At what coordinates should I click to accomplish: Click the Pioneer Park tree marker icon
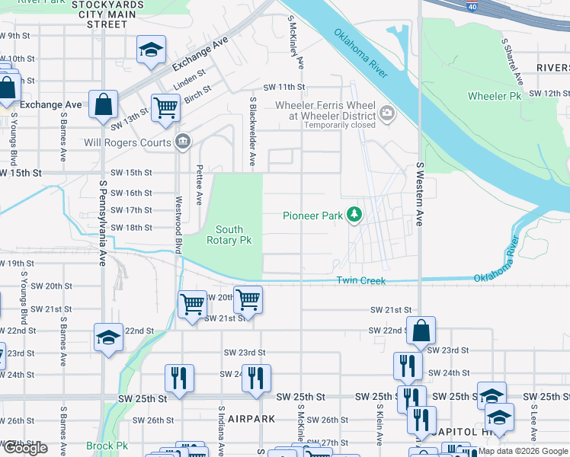click(354, 216)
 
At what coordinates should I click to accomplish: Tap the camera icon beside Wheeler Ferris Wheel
click(387, 114)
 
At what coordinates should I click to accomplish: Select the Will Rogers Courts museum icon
click(183, 141)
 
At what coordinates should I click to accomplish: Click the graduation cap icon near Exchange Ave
click(151, 50)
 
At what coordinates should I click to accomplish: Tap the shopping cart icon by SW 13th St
click(165, 107)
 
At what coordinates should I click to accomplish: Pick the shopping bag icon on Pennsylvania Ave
click(103, 104)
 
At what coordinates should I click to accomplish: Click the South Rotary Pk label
click(229, 235)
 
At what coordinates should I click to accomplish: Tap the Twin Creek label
click(361, 281)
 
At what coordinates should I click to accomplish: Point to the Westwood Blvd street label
click(180, 225)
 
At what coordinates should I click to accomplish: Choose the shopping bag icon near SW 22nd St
click(421, 331)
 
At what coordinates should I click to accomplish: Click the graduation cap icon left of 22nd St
click(108, 337)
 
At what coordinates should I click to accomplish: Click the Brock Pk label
click(107, 446)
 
